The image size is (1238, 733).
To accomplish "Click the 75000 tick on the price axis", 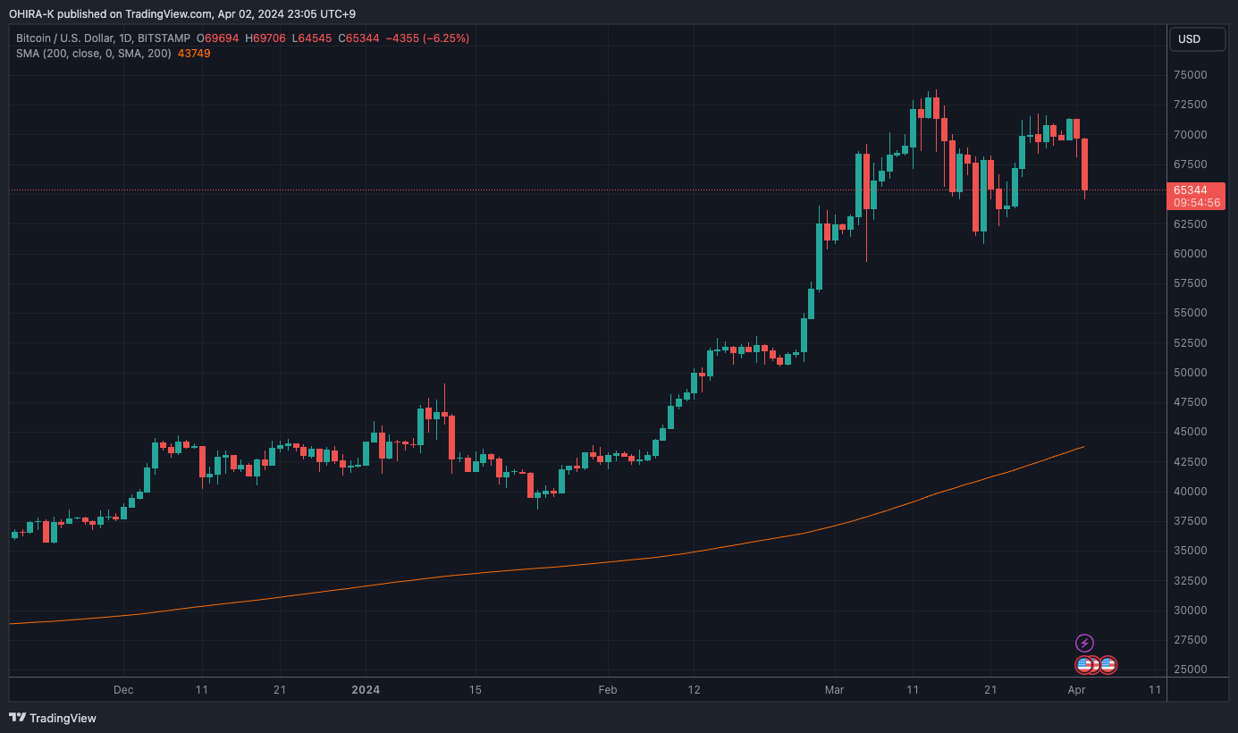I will [x=1189, y=75].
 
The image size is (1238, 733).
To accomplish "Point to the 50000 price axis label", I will [x=1189, y=373].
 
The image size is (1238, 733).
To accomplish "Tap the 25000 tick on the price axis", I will [x=1189, y=670].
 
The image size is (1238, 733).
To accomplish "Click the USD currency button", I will [x=1189, y=39].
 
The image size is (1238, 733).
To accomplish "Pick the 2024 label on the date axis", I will [x=366, y=690].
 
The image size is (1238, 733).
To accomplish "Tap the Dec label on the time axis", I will [x=123, y=690].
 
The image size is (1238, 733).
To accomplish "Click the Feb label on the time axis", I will [x=608, y=690].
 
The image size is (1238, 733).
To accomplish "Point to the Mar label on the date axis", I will [x=834, y=690].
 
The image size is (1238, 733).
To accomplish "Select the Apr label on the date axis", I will [x=1076, y=690].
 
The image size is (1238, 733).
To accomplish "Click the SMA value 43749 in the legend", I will [x=194, y=54].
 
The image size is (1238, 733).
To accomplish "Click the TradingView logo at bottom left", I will [x=53, y=718].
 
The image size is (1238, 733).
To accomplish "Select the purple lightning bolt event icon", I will [x=1084, y=643].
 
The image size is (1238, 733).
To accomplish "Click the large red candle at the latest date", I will [x=1084, y=164].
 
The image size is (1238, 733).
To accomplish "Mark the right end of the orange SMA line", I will [x=1083, y=447].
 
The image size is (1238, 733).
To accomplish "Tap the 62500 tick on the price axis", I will [x=1189, y=223].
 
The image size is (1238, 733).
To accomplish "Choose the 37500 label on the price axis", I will [x=1189, y=521].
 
